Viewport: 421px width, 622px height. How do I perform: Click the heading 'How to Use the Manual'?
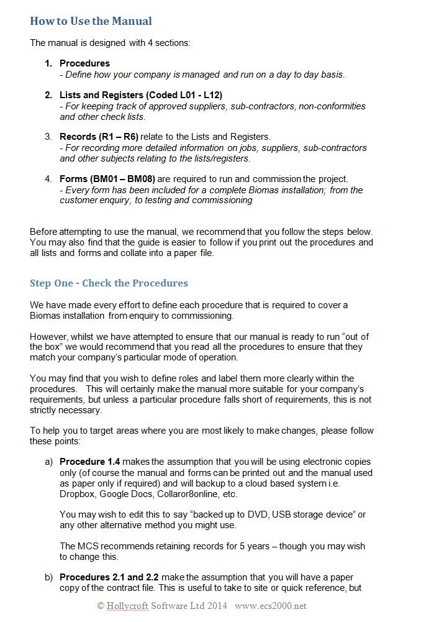coord(91,21)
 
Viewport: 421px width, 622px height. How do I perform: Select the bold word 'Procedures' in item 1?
coord(84,63)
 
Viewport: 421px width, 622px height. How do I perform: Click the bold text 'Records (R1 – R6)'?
coord(99,137)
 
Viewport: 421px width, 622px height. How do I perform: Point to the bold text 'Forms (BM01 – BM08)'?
coord(107,179)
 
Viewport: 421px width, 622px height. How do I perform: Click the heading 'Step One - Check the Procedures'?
coord(109,283)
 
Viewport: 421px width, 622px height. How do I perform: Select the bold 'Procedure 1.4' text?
coord(89,462)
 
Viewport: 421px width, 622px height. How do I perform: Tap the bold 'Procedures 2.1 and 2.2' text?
coord(109,577)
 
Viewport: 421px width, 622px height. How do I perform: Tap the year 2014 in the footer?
coord(217,606)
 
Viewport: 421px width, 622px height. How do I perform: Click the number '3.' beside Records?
coord(48,137)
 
